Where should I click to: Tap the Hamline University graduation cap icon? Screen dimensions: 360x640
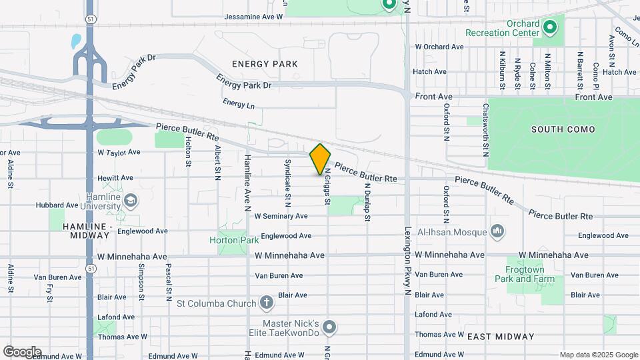pyautogui.click(x=131, y=200)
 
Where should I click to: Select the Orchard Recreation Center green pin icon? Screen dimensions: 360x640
pyautogui.click(x=549, y=28)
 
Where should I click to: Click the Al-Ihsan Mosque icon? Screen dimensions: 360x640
pyautogui.click(x=497, y=231)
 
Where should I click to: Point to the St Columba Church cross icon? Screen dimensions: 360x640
pyautogui.click(x=266, y=303)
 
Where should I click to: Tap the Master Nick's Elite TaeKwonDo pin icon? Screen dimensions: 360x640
pyautogui.click(x=329, y=327)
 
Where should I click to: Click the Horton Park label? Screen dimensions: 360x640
pyautogui.click(x=233, y=240)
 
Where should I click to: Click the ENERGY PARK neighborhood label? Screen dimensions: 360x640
pyautogui.click(x=265, y=64)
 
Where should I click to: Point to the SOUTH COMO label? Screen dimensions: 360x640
pyautogui.click(x=557, y=129)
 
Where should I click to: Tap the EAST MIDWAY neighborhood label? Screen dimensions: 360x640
pyautogui.click(x=501, y=337)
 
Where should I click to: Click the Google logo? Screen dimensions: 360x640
pyautogui.click(x=22, y=351)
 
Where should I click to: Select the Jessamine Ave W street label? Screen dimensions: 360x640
pyautogui.click(x=254, y=17)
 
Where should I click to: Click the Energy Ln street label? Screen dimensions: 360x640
pyautogui.click(x=239, y=104)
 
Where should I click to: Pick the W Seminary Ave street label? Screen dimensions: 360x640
pyautogui.click(x=281, y=216)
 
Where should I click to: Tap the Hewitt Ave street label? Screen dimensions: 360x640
pyautogui.click(x=115, y=178)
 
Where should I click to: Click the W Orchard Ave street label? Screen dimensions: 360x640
pyautogui.click(x=439, y=47)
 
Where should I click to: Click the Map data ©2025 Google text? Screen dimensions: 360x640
pyautogui.click(x=598, y=355)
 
